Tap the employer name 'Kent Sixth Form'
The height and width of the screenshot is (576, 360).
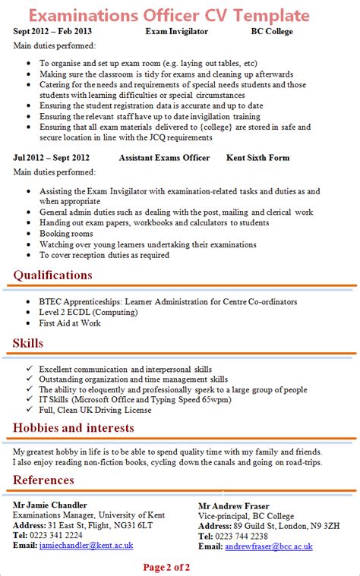click(257, 158)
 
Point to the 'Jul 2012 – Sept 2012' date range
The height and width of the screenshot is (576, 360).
click(51, 158)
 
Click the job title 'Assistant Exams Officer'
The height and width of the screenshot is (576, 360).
click(164, 158)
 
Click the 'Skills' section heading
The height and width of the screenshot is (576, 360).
click(28, 344)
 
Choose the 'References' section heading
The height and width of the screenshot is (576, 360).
click(43, 480)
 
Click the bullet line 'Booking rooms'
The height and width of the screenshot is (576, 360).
click(67, 234)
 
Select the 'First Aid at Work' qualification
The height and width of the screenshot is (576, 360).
click(70, 323)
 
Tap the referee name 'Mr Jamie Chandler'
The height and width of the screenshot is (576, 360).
click(51, 505)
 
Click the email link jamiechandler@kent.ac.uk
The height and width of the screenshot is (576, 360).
click(86, 545)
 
